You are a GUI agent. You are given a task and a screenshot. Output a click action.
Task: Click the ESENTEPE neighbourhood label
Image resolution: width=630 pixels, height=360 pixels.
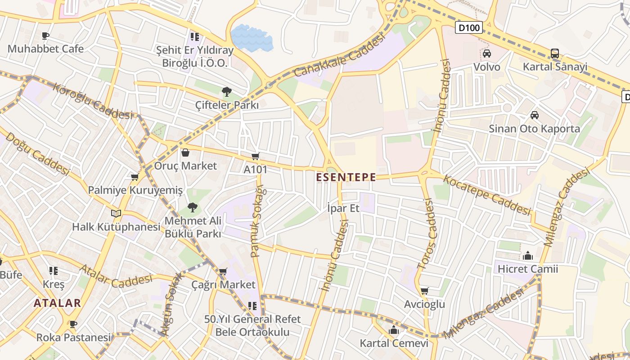346,177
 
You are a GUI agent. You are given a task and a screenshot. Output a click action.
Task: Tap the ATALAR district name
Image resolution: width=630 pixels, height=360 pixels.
57,303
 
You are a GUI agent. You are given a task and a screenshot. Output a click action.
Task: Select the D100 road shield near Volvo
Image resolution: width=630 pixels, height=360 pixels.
469,28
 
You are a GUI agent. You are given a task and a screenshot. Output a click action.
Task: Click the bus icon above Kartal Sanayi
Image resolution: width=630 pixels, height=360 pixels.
555,54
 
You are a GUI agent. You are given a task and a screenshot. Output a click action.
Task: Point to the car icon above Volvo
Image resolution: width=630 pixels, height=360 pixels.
487,54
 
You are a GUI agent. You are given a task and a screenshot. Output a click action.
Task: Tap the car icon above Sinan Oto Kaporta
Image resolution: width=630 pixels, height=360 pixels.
535,115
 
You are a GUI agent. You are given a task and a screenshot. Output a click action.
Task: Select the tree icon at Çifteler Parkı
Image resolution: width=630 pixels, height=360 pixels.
227,92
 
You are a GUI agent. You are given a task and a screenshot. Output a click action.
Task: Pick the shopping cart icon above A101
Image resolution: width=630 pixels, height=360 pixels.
256,156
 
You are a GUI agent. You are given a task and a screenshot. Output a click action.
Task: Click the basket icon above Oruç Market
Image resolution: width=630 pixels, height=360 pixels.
185,153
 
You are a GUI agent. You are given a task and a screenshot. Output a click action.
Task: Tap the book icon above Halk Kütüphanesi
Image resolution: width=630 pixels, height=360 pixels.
116,213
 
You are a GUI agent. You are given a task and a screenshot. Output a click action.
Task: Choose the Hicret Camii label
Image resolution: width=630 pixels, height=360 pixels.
528,269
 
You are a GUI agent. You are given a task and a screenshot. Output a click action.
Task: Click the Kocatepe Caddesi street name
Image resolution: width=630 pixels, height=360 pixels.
487,194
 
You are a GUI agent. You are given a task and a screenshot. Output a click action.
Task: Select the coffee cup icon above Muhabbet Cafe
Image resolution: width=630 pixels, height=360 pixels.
45,36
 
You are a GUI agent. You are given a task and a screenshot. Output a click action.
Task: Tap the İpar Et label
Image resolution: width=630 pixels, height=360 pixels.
343,208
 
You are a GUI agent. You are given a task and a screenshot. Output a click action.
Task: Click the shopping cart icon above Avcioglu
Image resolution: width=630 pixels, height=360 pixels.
424,291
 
